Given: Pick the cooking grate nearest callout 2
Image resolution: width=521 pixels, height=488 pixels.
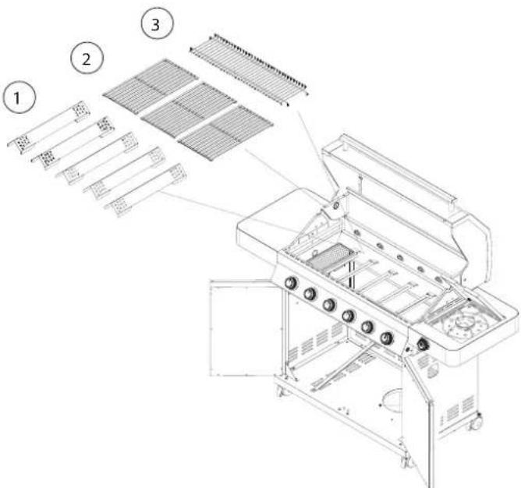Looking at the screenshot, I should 151,85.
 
